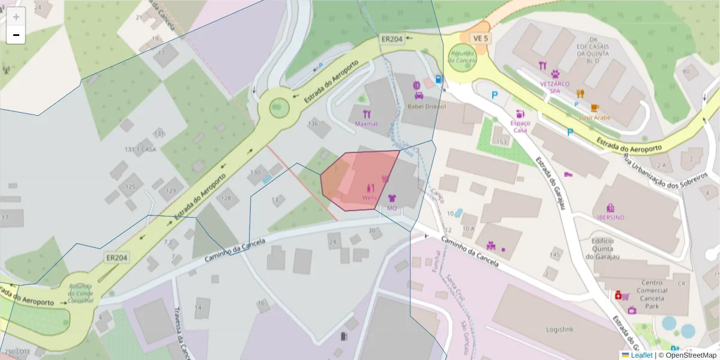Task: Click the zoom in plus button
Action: click(x=16, y=17)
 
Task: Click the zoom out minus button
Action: click(x=16, y=35)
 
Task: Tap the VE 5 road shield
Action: click(x=481, y=38)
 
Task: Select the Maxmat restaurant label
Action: click(x=366, y=124)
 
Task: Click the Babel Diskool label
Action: click(x=427, y=106)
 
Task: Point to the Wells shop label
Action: click(x=369, y=197)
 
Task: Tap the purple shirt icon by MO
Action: click(x=392, y=197)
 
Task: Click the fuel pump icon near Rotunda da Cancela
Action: click(x=439, y=79)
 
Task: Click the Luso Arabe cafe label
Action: click(x=595, y=118)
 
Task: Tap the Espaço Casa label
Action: click(x=520, y=126)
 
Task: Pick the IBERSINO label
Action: click(x=610, y=217)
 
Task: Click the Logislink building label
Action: click(x=561, y=329)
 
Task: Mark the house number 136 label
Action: click(x=312, y=124)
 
